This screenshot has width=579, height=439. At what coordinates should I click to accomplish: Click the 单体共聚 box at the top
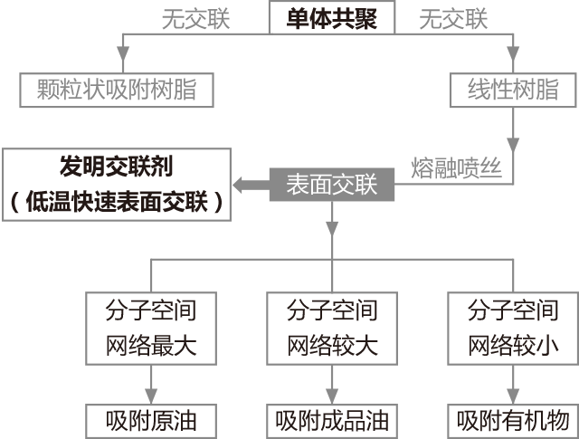click(x=332, y=18)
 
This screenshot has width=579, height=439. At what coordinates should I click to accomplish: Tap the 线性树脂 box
click(x=513, y=90)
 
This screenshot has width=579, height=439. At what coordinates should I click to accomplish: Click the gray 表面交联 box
click(x=332, y=185)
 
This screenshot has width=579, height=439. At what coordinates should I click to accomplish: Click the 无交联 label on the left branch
click(x=195, y=18)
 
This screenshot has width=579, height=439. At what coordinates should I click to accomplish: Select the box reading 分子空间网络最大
click(x=151, y=328)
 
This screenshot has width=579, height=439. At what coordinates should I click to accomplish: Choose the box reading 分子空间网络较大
click(x=332, y=328)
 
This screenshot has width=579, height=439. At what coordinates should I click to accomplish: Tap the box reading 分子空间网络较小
click(x=513, y=328)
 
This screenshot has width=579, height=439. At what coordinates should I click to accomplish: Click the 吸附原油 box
click(x=151, y=421)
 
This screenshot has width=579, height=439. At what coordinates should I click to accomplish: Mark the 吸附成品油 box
click(x=332, y=421)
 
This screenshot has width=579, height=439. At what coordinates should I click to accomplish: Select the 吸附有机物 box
click(x=513, y=421)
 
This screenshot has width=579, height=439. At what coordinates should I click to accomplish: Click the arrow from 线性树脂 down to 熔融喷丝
click(x=513, y=131)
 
